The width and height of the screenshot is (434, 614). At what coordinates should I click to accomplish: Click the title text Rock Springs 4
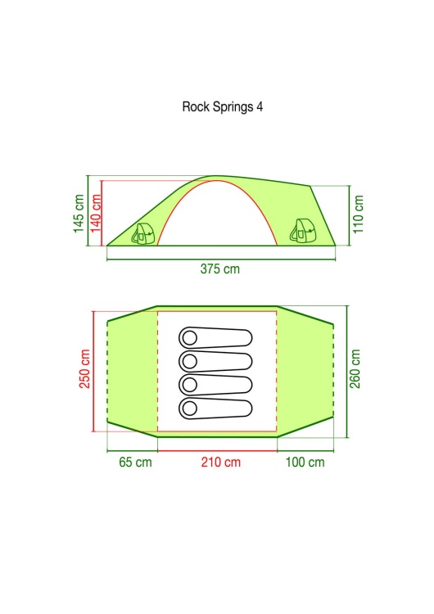pyautogui.click(x=223, y=107)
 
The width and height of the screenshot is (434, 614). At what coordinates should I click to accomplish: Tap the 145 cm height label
pyautogui.click(x=79, y=214)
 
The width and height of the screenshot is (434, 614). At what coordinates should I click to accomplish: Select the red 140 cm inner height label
pyautogui.click(x=96, y=214)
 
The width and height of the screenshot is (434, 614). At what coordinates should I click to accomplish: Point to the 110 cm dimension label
pyautogui.click(x=358, y=214)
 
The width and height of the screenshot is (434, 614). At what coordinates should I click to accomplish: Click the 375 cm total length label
pyautogui.click(x=219, y=269)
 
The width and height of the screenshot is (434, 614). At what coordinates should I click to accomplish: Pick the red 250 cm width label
pyautogui.click(x=85, y=369)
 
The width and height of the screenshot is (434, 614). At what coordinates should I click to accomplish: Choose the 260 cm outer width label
pyautogui.click(x=355, y=369)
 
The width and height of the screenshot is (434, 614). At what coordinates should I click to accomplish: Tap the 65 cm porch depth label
pyautogui.click(x=135, y=462)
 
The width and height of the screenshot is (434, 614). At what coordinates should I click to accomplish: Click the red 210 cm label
pyautogui.click(x=221, y=462)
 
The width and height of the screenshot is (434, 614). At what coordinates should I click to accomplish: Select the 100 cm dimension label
pyautogui.click(x=305, y=462)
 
